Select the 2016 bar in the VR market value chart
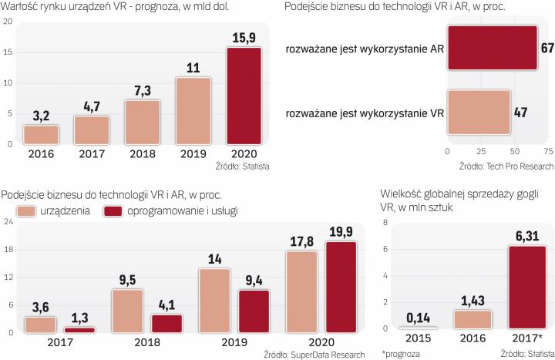[40, 134]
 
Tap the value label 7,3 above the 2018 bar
[143, 90]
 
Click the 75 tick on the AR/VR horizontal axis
[547, 151]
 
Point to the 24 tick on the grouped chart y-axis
[8, 223]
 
